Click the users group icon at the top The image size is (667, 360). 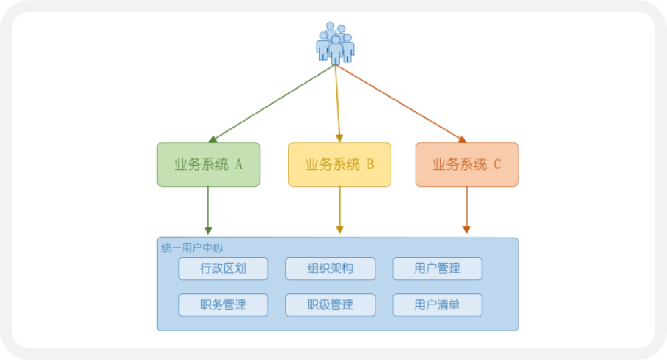click(335, 43)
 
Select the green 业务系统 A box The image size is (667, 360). click(208, 165)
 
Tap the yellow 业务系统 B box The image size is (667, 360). click(340, 165)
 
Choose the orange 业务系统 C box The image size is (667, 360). click(467, 165)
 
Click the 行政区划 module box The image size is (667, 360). click(223, 268)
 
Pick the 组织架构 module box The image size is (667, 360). click(330, 268)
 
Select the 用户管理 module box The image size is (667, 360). click(437, 268)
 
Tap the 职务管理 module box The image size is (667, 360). click(223, 305)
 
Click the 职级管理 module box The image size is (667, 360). click(330, 305)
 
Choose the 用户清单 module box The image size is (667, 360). click(437, 305)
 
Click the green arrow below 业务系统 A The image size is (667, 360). click(208, 209)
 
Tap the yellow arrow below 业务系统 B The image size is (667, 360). click(340, 209)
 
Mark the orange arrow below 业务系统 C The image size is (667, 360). click(467, 209)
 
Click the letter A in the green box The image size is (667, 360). click(238, 165)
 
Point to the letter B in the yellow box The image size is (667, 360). click(370, 165)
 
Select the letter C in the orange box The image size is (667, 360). click(497, 165)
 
